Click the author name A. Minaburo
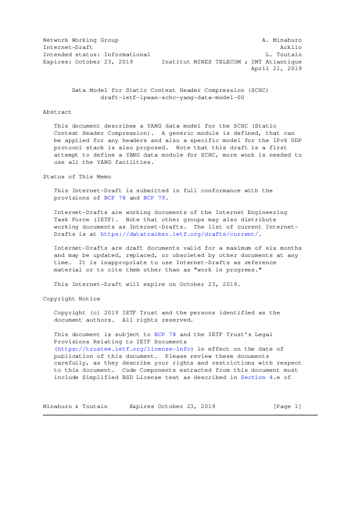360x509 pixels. pos(281,39)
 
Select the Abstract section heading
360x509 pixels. pos(57,112)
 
